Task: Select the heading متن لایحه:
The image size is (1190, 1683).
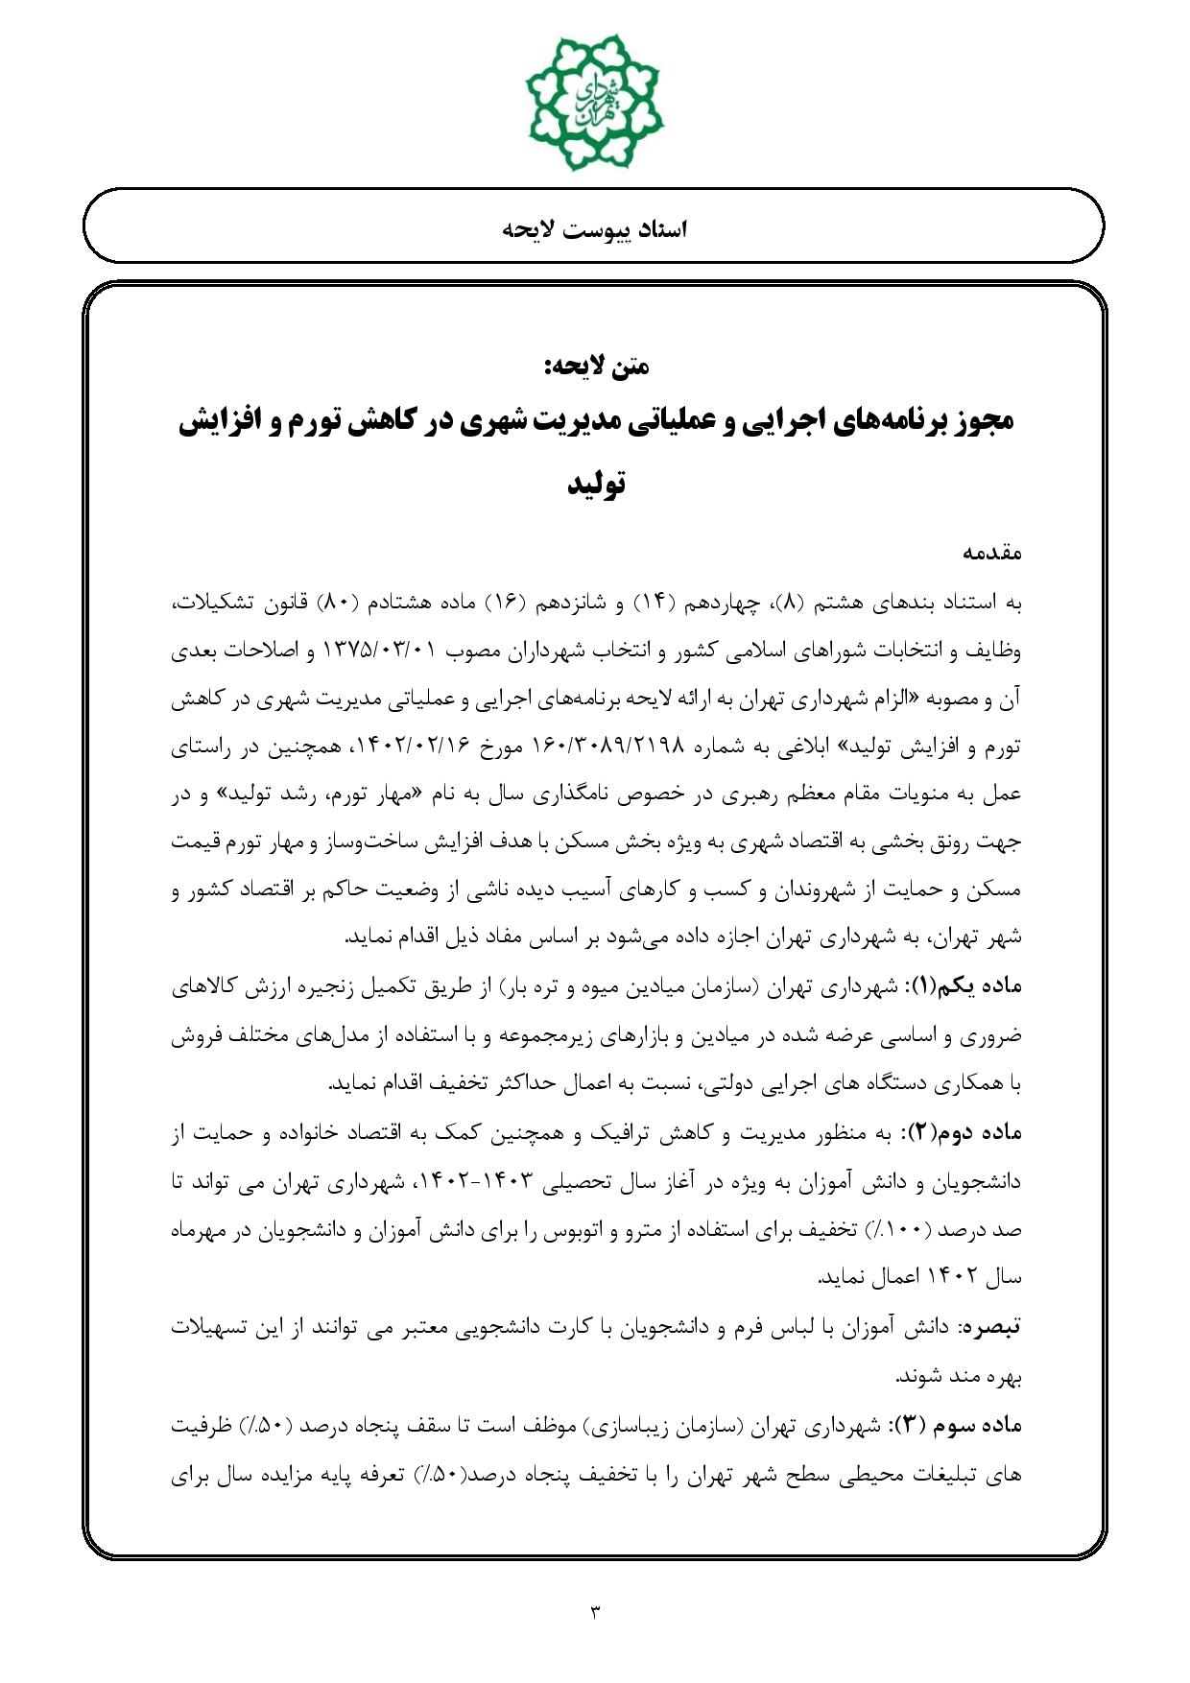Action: [595, 366]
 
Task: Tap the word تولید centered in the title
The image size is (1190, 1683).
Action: [595, 483]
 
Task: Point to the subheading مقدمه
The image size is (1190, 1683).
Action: [991, 553]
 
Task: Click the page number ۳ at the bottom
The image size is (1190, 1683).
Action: [594, 1611]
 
